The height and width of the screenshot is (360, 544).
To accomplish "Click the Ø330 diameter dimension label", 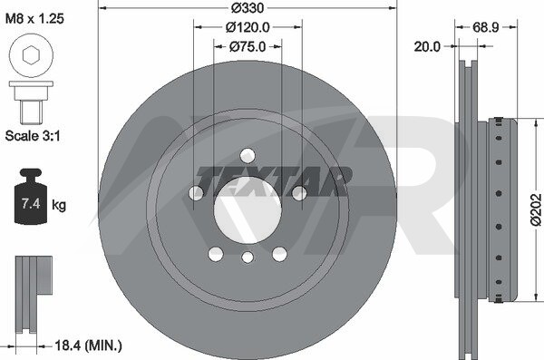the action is coord(248,7).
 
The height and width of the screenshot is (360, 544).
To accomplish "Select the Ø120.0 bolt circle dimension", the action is coord(248,27).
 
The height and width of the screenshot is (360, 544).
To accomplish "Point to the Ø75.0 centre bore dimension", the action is coord(248,46).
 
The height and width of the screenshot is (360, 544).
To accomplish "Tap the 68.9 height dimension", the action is coord(486,27).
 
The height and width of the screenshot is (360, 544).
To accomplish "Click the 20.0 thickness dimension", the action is coord(427,46).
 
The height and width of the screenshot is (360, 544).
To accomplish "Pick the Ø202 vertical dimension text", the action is coord(536,209).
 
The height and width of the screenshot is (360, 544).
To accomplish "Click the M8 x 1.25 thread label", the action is coord(34,18).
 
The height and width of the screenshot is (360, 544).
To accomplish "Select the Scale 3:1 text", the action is coord(33,136).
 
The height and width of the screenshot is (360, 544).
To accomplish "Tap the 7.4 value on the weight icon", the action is coord(31,203).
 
